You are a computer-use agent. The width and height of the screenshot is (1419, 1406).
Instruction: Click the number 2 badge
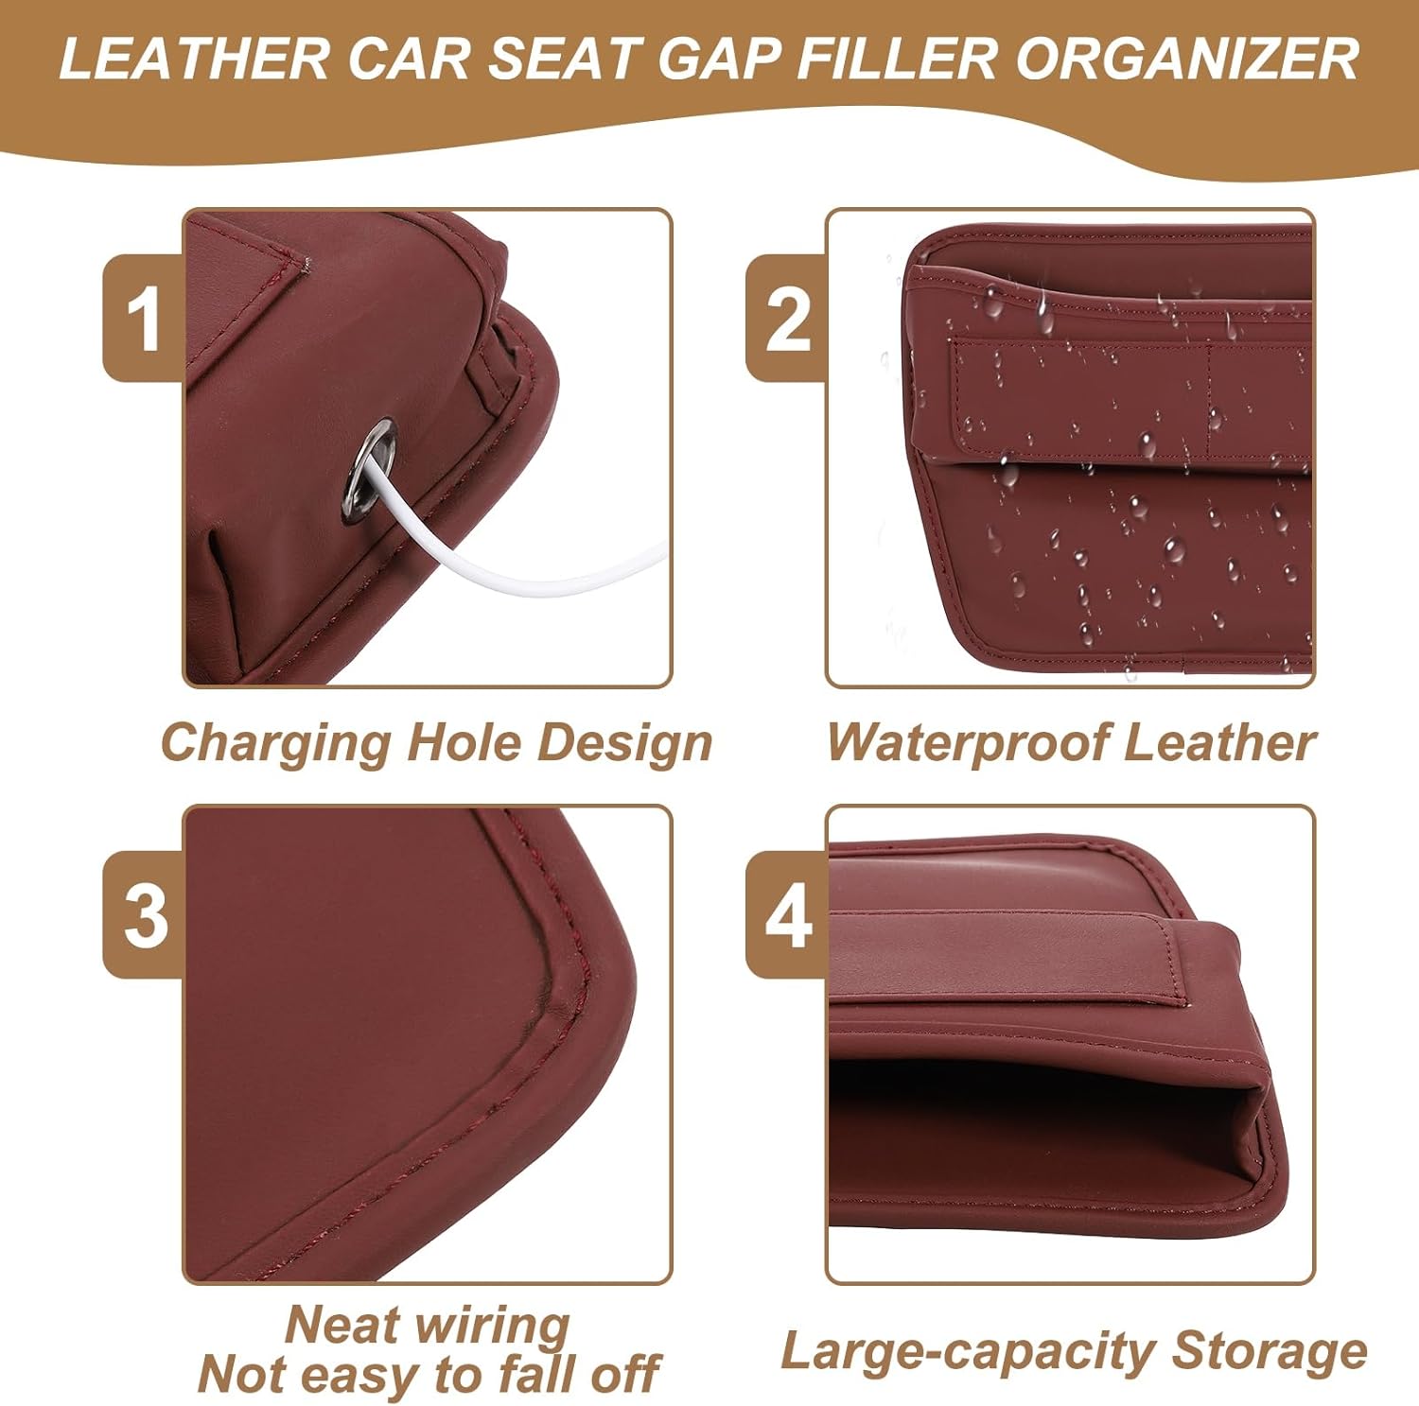tap(787, 319)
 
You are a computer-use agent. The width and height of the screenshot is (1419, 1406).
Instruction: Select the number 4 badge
tap(787, 914)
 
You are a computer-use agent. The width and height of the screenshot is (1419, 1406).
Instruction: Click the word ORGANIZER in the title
tap(1187, 59)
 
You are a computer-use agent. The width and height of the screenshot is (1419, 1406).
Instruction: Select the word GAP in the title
tap(719, 59)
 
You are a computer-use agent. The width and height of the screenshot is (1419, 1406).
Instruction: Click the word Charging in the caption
tap(275, 743)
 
